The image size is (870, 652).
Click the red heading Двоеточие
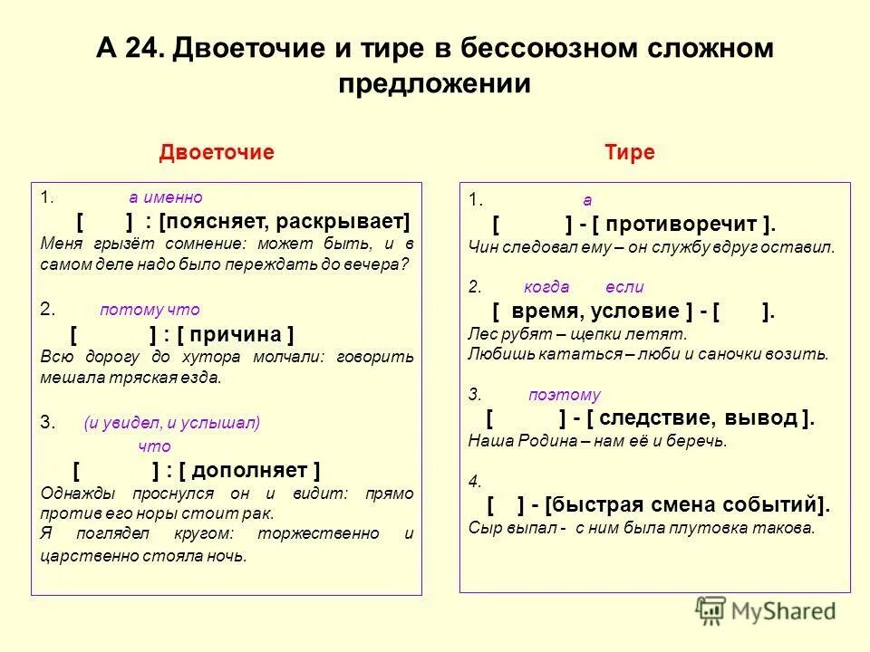(217, 152)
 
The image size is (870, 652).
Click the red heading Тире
(629, 152)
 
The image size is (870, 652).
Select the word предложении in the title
(434, 83)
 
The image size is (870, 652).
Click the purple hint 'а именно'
(166, 197)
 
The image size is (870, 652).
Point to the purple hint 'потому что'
(150, 310)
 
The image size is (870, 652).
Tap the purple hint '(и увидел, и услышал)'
(171, 422)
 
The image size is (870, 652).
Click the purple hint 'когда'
(546, 287)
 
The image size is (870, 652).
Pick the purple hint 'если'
(624, 287)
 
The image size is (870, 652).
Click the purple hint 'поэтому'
(564, 395)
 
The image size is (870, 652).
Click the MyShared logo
(765, 609)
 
